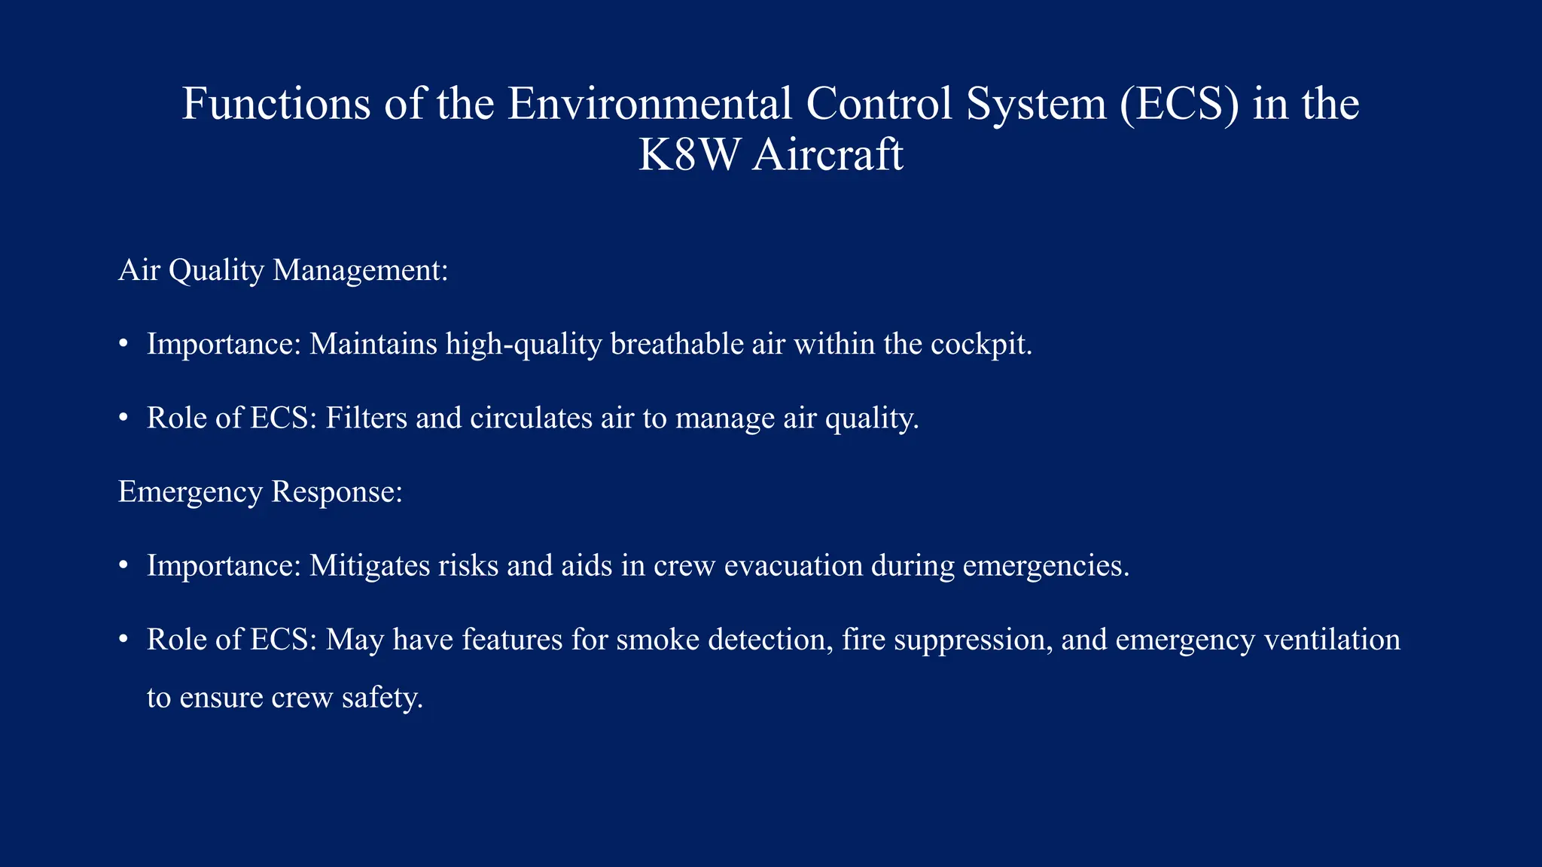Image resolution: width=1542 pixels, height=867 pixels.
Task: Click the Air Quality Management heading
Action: click(283, 270)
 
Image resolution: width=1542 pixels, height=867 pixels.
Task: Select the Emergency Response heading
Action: click(261, 491)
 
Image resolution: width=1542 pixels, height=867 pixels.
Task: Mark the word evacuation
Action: click(793, 565)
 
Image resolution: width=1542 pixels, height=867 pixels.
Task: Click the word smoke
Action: click(658, 639)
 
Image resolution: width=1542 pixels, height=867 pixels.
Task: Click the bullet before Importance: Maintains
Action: click(123, 345)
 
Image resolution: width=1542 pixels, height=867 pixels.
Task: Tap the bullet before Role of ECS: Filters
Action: click(123, 418)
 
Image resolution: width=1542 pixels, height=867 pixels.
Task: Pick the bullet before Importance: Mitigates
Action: click(123, 566)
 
